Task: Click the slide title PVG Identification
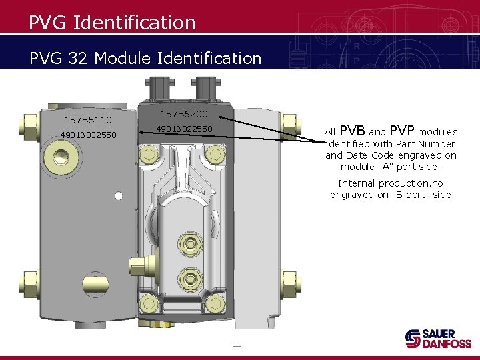coord(112,23)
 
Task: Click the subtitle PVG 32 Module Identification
coord(145,58)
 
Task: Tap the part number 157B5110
coord(87,120)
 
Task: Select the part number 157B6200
coord(184,114)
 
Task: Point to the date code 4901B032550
coord(88,135)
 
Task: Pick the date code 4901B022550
coord(184,129)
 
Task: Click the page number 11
coord(236,344)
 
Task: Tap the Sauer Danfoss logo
coord(438,338)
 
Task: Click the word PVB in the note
coord(352,131)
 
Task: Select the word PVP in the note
coord(402,131)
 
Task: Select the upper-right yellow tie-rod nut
coord(289,122)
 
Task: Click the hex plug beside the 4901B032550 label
coord(61,158)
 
